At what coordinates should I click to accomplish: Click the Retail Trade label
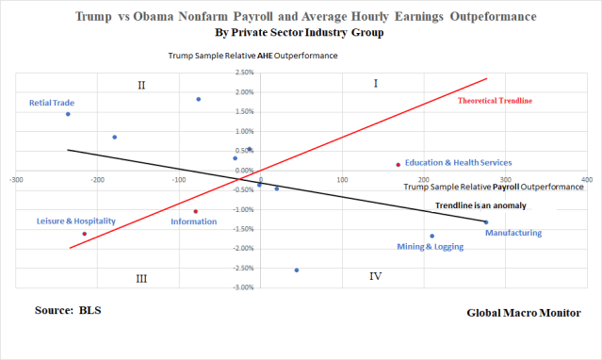(x=52, y=103)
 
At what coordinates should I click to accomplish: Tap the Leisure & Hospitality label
(x=75, y=221)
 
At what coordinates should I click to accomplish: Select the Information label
(x=193, y=221)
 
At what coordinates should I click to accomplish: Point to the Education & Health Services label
(x=458, y=162)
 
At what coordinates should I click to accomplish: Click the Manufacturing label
(x=513, y=233)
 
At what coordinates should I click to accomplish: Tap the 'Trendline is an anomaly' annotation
(x=481, y=205)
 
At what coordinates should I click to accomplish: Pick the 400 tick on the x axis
(x=587, y=177)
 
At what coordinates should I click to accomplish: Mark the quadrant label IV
(x=375, y=276)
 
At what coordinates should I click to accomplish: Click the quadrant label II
(x=140, y=86)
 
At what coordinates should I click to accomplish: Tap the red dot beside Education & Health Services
(x=399, y=165)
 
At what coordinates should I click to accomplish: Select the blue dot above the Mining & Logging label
(x=432, y=237)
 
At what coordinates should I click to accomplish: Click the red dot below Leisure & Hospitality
(x=85, y=234)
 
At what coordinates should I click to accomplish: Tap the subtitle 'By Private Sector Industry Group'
(x=301, y=32)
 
